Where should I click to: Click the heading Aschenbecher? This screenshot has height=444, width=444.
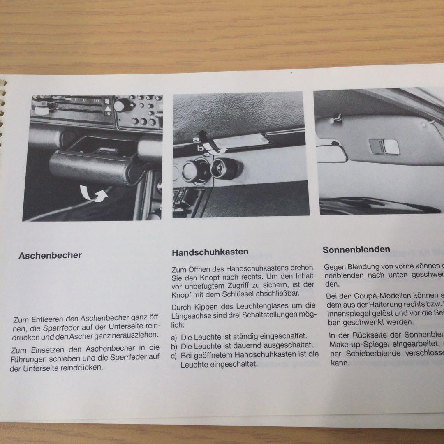(x=50, y=255)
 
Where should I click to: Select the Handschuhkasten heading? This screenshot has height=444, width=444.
(x=210, y=252)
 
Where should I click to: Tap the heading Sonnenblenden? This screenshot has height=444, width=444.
(x=356, y=250)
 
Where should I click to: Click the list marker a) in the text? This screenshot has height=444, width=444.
(x=175, y=336)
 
